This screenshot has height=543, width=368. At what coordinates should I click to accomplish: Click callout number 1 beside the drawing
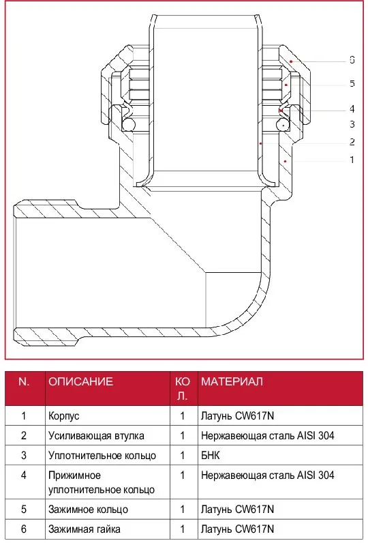pos(352,160)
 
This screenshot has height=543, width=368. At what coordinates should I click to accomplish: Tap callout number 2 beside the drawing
pos(352,142)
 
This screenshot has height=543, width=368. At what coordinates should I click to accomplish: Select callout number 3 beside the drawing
pos(352,124)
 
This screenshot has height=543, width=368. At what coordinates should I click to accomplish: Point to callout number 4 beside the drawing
pos(352,109)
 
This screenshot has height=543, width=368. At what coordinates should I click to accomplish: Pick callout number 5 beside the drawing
pos(352,83)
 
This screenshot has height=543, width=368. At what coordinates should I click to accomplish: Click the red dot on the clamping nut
pos(291,61)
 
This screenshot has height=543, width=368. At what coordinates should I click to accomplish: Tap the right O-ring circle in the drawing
pos(283,125)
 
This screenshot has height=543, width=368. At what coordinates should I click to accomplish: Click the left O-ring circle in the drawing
pos(128,125)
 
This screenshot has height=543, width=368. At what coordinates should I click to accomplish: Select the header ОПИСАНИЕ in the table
pos(80,381)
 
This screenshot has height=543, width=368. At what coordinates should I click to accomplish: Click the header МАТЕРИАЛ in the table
pos(232,381)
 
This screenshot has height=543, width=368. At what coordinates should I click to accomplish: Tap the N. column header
pos(24,381)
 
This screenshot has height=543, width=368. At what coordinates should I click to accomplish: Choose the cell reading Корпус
pos(64,415)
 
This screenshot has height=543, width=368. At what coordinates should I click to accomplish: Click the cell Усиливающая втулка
pos(96,436)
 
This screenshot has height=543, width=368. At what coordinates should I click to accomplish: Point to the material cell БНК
pos(211,455)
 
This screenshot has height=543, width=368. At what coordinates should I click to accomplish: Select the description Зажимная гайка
pos(85,529)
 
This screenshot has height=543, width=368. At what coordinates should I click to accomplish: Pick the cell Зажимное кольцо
pos(88,510)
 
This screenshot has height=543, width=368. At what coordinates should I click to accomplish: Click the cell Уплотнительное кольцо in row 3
pos(102,455)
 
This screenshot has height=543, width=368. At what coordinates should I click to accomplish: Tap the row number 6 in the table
pos(24,529)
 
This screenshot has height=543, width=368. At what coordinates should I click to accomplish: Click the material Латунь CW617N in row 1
pos(237,415)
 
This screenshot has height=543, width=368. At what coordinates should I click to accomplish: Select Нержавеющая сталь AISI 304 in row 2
pos(268,436)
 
